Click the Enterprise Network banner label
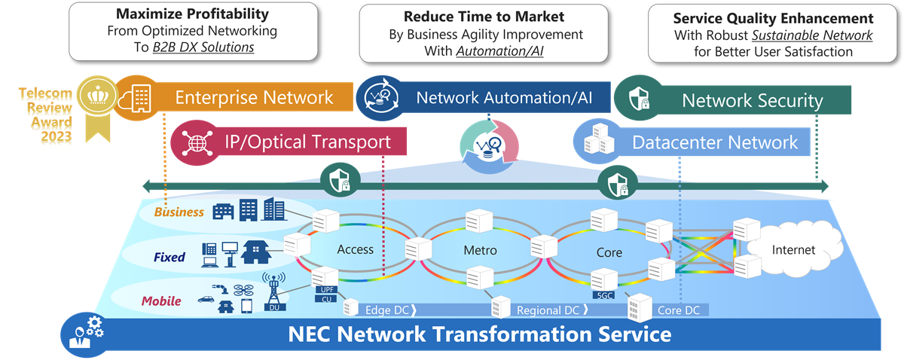coord(254,97)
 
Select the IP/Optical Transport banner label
coord(307,142)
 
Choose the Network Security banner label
coord(752,100)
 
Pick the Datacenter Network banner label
coord(714,142)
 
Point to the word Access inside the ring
coord(355,250)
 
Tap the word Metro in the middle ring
coord(480,250)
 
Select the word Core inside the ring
coord(609,252)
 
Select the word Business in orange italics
coord(179,212)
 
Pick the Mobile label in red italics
coord(162,301)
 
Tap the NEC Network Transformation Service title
coord(479,334)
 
